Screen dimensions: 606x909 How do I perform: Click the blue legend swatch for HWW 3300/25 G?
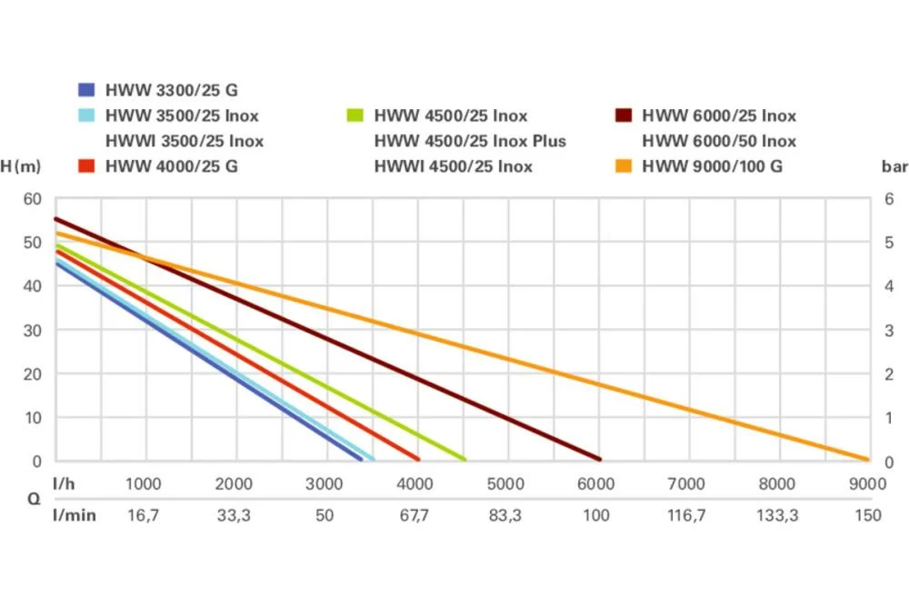(86, 90)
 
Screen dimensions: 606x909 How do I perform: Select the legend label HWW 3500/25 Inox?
(182, 115)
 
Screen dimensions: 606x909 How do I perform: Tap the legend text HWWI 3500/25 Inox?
(185, 141)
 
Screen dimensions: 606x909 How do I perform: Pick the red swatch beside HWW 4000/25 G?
(86, 166)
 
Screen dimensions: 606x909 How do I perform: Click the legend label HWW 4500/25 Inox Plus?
(470, 141)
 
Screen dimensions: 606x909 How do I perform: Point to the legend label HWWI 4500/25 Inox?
(454, 166)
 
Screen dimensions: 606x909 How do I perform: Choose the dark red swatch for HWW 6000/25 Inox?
(623, 115)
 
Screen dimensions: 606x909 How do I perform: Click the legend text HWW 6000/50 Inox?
(719, 141)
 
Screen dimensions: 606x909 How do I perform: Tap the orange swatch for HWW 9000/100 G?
(623, 166)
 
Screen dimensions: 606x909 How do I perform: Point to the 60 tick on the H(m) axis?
(33, 198)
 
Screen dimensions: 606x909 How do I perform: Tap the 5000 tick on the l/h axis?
(505, 483)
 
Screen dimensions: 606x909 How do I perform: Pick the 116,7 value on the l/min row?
(686, 515)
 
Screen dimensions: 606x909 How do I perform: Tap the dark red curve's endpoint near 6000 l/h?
(600, 460)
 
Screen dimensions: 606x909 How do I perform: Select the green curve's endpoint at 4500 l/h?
(464, 460)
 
